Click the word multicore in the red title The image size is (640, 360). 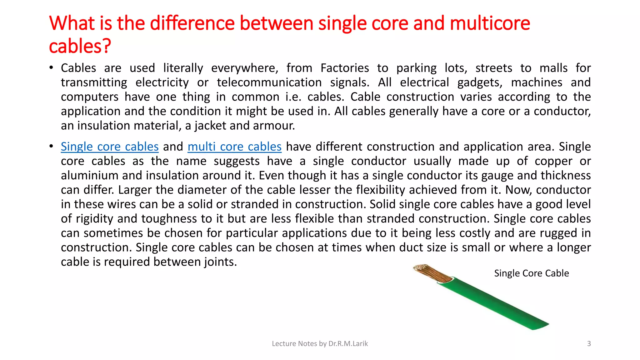[x=490, y=23]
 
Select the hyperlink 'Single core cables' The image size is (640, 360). [x=110, y=147]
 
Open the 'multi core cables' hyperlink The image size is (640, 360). [x=234, y=147]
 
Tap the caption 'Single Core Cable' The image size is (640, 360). [x=531, y=273]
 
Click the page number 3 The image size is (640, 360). [x=589, y=343]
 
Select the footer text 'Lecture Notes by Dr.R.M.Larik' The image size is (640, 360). [x=320, y=343]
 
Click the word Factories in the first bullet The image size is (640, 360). [x=345, y=68]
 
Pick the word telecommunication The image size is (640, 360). [x=269, y=82]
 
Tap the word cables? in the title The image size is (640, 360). [x=80, y=46]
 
